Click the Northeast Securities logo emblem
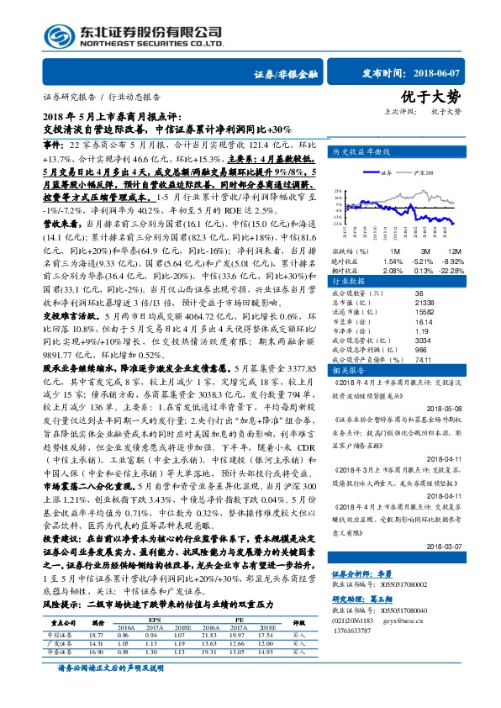(55, 34)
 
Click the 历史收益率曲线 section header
(361, 152)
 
